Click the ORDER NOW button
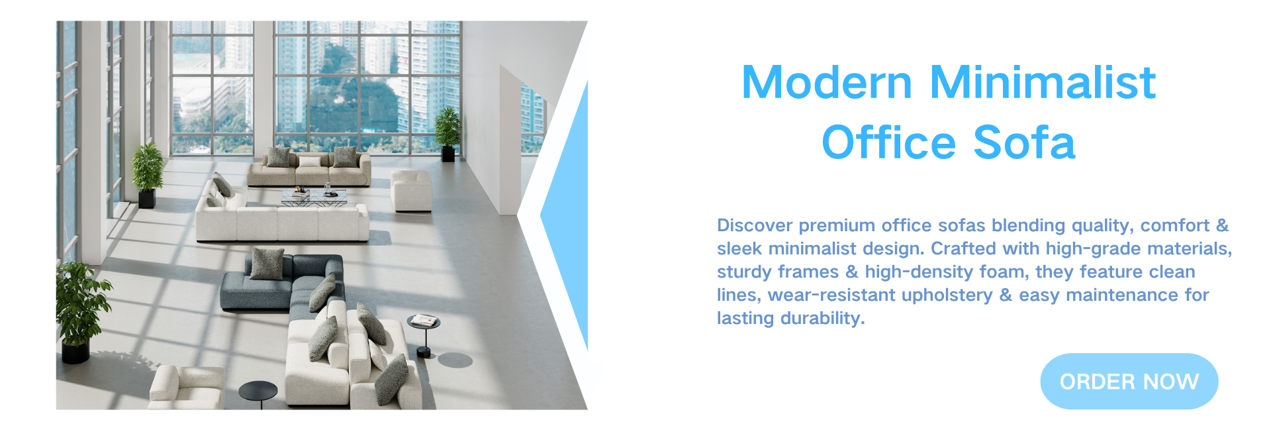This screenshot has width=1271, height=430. click(x=1129, y=381)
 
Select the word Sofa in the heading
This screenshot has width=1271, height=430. click(x=1024, y=142)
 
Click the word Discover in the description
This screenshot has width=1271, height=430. click(x=755, y=225)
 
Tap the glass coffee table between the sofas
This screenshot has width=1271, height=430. click(x=314, y=197)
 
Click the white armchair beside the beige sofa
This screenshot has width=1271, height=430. click(x=411, y=191)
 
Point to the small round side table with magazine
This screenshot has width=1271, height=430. click(x=423, y=335)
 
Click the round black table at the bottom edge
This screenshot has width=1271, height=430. click(x=258, y=394)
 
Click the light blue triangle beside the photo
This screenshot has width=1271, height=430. click(x=564, y=215)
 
